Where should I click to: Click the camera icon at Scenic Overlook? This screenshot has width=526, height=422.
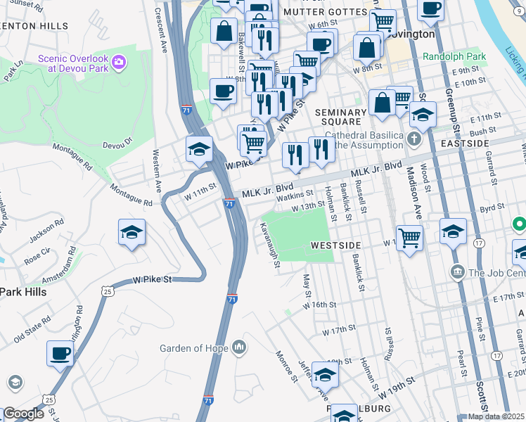pyautogui.click(x=118, y=63)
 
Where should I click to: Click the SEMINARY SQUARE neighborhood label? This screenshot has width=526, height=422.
pyautogui.click(x=341, y=117)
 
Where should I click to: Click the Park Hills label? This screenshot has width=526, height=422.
pyautogui.click(x=23, y=291)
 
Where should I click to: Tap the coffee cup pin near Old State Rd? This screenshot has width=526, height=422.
pyautogui.click(x=60, y=353)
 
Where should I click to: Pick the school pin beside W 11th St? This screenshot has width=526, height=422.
pyautogui.click(x=199, y=148)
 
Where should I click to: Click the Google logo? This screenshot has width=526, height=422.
pyautogui.click(x=23, y=414)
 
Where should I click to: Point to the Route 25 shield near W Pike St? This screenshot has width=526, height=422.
pyautogui.click(x=106, y=290)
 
